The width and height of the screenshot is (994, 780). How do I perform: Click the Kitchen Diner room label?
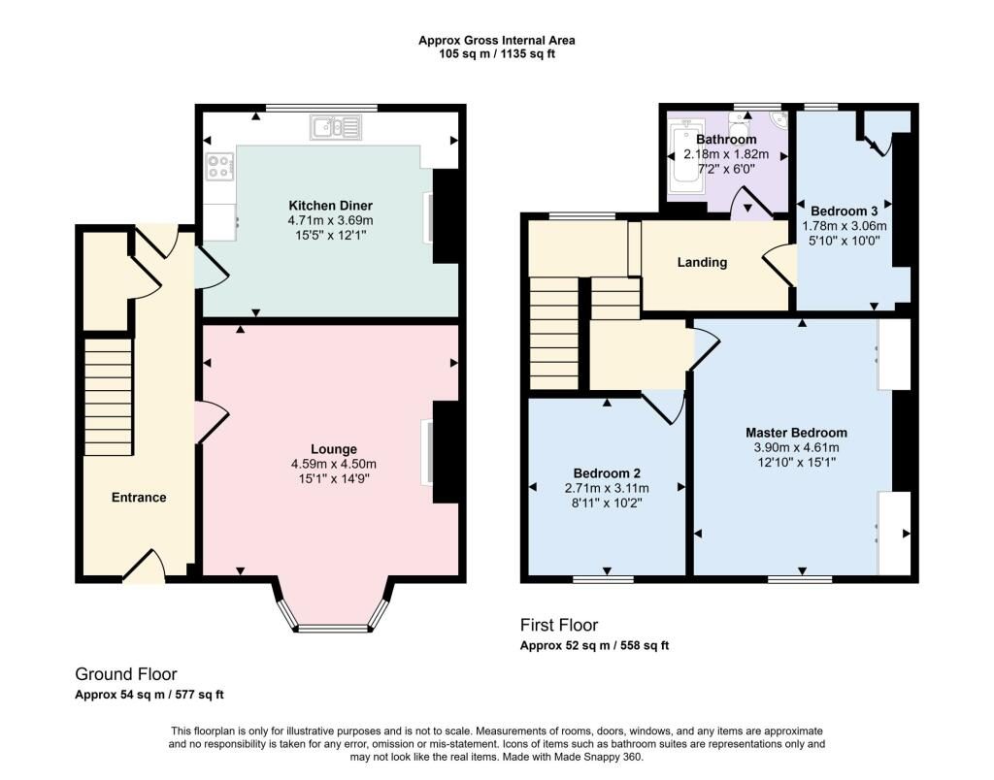[x=330, y=206]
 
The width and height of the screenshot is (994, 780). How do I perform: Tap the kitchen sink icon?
[x=335, y=127]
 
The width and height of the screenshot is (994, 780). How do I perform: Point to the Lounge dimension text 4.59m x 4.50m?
[x=334, y=464]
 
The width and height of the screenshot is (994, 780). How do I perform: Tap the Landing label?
[x=702, y=262]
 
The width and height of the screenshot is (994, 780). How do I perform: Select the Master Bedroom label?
[x=796, y=433]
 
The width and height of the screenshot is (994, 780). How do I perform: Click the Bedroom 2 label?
[x=607, y=473]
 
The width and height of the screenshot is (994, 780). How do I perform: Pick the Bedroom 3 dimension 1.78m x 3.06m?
[x=845, y=226]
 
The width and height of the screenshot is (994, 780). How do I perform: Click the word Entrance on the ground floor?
[x=139, y=498]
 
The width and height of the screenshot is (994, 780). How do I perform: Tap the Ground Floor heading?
[x=126, y=674]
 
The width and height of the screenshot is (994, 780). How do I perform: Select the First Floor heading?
[x=559, y=626]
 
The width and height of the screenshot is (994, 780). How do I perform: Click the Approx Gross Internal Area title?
[x=497, y=41]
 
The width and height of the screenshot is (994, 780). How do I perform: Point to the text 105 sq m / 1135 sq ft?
[x=497, y=54]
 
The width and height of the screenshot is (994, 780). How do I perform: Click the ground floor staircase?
[x=109, y=397]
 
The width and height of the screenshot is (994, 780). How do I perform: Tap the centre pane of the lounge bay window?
[x=333, y=629]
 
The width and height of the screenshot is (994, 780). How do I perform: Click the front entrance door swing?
[x=145, y=566]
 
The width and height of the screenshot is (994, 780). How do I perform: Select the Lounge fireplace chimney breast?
[x=446, y=452]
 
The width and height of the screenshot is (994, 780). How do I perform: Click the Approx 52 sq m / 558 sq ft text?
[x=595, y=646]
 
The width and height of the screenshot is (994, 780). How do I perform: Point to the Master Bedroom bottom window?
[x=800, y=579]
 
